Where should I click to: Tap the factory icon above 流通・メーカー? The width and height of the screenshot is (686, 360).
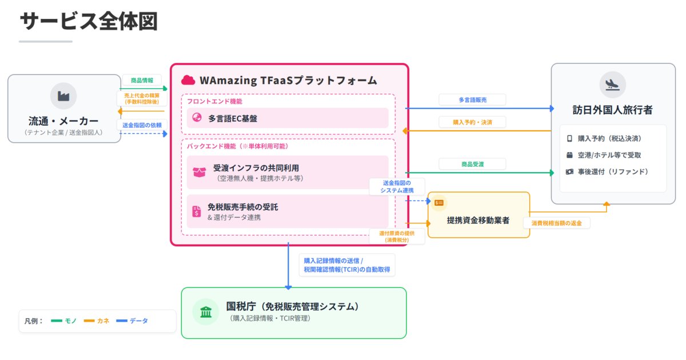pos(63,96)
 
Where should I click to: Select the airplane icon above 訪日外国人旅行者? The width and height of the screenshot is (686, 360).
pos(613,85)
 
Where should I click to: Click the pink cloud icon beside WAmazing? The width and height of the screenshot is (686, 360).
pos(188,80)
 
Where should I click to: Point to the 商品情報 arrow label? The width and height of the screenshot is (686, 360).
pos(142,81)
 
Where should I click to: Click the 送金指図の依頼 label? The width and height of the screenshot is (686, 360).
pos(142,125)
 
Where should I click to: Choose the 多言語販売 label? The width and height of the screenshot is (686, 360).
pos(472,99)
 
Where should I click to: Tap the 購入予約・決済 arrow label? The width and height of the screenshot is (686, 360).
pos(472,122)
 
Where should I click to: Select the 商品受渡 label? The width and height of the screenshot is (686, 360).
pos(472,164)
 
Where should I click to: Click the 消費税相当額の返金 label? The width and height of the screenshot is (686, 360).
pos(556,223)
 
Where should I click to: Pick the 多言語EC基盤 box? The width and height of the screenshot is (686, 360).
pos(287,118)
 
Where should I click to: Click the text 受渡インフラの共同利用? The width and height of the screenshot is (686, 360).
pos(256,168)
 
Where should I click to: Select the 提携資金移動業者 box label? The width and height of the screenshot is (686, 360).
pos(478,220)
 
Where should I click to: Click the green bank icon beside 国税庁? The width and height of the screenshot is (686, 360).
pos(205,312)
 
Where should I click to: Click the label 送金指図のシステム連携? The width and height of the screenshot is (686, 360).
pos(397,186)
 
